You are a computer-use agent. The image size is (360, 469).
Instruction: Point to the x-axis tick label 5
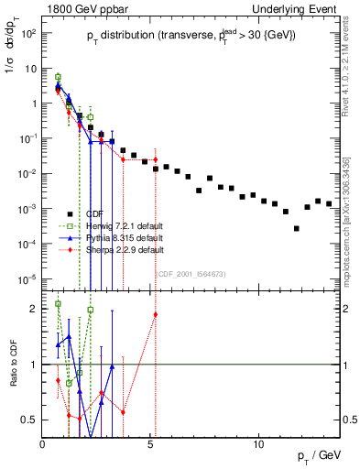tap(150, 443)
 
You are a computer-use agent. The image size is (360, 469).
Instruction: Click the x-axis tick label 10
tap(258, 443)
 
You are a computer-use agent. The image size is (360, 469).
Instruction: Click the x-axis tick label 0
tap(43, 443)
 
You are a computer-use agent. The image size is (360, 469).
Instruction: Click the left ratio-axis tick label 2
tap(34, 309)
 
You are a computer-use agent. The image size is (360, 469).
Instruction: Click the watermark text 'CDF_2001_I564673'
tap(192, 273)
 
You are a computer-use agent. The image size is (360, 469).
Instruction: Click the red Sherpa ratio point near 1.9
tap(156, 314)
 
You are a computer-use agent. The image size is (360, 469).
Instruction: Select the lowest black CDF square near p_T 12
tap(296, 228)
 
